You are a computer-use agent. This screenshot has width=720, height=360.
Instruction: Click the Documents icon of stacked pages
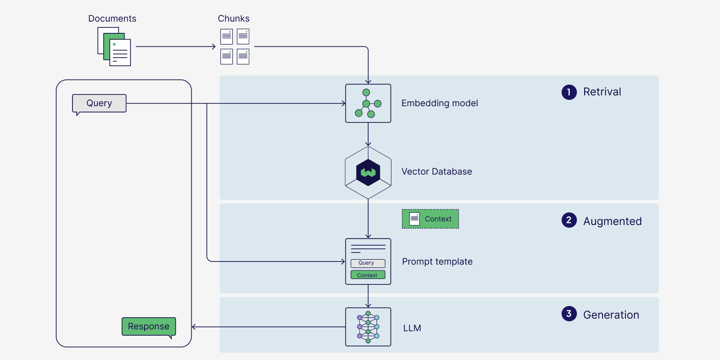(x=114, y=47)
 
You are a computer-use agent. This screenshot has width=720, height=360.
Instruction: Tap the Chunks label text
(x=234, y=18)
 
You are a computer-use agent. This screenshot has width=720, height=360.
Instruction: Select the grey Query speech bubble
(x=99, y=103)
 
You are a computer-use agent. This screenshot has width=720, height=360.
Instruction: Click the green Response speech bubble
(x=148, y=326)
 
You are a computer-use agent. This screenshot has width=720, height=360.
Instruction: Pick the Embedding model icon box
(x=368, y=103)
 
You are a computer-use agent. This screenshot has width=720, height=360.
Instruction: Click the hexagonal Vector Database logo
(x=368, y=172)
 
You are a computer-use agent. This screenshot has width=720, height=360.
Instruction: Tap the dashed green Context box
(x=430, y=219)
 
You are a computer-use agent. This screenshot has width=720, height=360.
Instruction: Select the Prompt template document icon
(x=368, y=261)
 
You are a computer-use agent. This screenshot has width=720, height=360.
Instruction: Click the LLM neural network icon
(x=368, y=327)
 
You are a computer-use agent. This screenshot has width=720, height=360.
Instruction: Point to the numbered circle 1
(x=569, y=92)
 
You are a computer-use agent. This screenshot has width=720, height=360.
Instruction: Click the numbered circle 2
(x=569, y=220)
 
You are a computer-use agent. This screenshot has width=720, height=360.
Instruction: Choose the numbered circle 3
(x=569, y=314)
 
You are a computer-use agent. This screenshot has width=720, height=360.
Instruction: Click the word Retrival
(x=602, y=92)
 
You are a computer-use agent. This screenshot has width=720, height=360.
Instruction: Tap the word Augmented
(x=612, y=221)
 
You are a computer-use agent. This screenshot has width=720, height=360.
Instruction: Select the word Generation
(x=611, y=315)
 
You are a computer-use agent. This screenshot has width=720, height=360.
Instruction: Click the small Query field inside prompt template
(x=368, y=263)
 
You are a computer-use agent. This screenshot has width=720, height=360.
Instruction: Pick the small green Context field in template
(x=368, y=275)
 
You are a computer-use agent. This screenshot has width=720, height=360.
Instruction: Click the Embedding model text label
(x=440, y=103)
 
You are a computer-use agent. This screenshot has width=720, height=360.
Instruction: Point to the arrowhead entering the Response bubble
(x=194, y=327)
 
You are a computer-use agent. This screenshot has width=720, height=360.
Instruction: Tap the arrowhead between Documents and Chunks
(x=214, y=46)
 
